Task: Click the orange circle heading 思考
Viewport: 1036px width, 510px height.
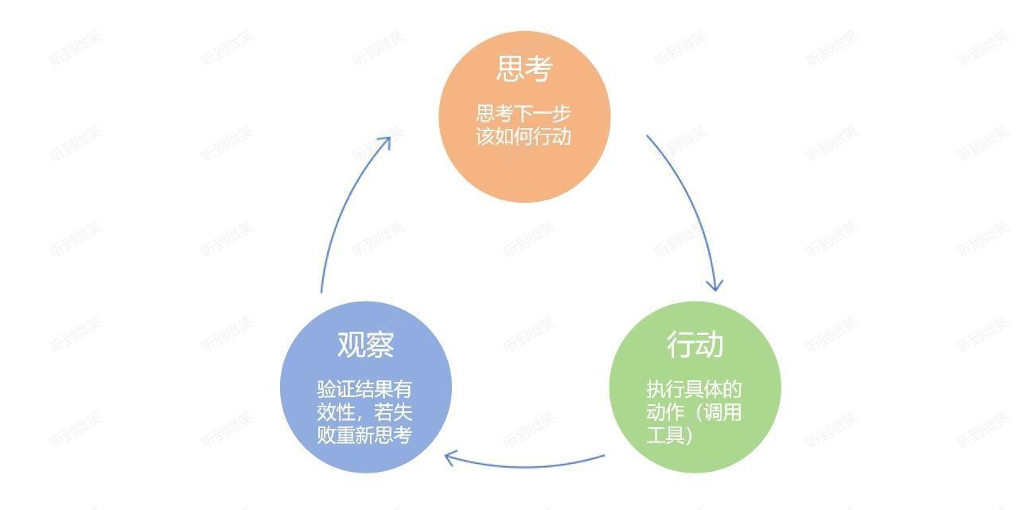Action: point(524,69)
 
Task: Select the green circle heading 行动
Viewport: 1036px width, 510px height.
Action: point(695,345)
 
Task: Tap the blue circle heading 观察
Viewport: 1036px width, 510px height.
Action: point(366,345)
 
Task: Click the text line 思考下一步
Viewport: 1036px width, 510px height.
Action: point(524,113)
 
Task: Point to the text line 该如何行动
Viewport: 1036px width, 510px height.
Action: point(524,136)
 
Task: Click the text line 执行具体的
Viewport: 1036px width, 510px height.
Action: point(694,390)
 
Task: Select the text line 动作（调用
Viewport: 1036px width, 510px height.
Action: point(694,413)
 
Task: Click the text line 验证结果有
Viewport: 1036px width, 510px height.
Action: point(364,390)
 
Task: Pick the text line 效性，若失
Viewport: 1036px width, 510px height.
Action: point(364,413)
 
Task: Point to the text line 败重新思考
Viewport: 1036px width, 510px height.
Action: point(364,436)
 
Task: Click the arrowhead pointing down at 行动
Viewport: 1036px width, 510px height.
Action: point(715,285)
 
